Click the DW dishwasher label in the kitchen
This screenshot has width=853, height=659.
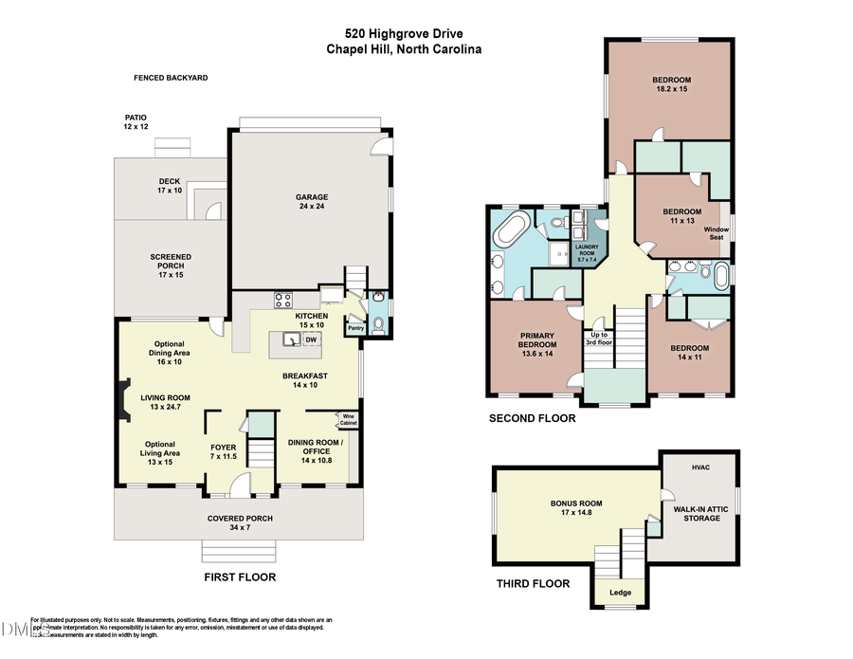310,339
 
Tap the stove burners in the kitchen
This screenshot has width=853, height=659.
282,301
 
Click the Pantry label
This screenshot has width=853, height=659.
355,328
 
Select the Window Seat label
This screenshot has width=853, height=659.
717,233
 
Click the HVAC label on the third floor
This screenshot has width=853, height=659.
700,467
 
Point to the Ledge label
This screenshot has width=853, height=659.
621,594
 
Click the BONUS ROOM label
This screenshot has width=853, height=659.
576,509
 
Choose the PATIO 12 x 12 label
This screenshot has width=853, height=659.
136,122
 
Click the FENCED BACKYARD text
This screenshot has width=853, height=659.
171,78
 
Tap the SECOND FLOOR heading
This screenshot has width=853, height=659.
528,418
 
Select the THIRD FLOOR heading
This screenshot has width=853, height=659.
534,584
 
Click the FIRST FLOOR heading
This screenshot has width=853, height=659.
240,577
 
